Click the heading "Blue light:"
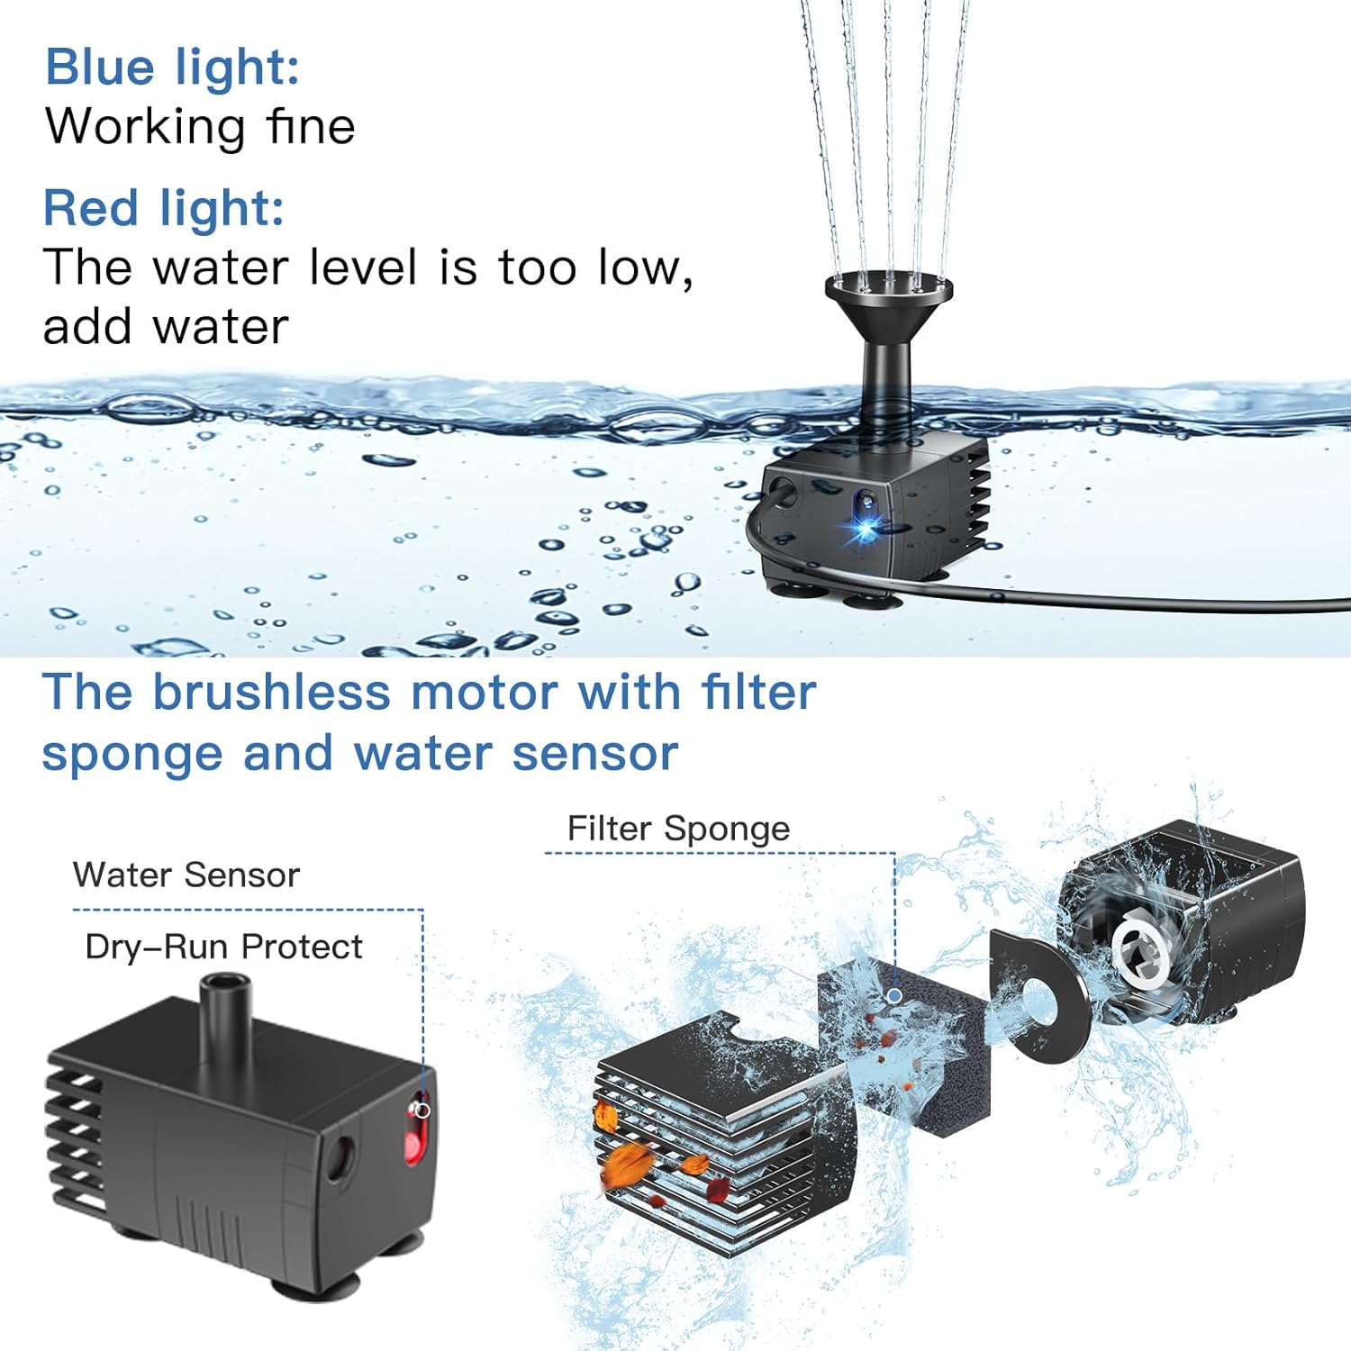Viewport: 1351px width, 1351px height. pos(172,68)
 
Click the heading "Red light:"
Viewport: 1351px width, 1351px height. pos(164,209)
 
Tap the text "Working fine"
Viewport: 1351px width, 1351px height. pos(200,126)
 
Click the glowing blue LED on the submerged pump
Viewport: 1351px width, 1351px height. pos(866,527)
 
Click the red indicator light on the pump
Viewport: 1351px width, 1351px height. pos(413,1137)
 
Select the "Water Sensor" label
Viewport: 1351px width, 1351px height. pos(186,875)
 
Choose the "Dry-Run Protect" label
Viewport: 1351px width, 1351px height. pos(223,948)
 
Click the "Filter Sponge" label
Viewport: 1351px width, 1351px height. pos(678,829)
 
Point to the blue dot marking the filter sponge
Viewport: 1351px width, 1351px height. pos(894,995)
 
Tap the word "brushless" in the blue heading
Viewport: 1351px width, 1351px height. pos(271,693)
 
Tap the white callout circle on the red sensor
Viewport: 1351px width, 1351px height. pos(422,1111)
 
